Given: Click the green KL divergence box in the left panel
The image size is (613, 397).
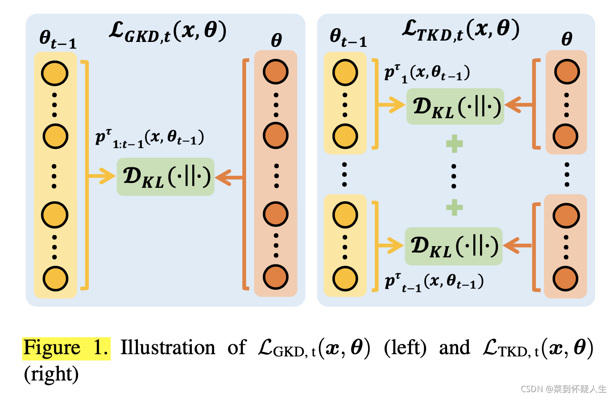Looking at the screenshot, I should (x=166, y=177).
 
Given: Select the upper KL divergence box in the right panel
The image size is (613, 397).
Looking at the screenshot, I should (x=455, y=106).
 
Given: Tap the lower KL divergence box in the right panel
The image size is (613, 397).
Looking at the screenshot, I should (x=454, y=246).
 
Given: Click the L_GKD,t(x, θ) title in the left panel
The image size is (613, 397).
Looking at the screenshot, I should (x=168, y=32).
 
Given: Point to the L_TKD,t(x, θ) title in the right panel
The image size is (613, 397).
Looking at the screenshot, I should (x=460, y=30).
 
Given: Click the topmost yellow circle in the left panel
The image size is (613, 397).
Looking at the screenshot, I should (x=55, y=73).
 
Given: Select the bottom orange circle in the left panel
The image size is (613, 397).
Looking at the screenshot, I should (x=275, y=277).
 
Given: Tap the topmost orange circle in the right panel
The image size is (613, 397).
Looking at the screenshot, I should (x=567, y=71).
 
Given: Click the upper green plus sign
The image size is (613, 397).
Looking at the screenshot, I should (x=454, y=144).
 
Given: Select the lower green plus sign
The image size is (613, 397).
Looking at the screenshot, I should (x=454, y=207).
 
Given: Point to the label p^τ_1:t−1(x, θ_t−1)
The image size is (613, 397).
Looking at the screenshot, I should (x=149, y=138).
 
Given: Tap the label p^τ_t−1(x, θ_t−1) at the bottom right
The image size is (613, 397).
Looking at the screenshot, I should (x=434, y=282).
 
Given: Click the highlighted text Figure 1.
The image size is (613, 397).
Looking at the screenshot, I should (x=66, y=348).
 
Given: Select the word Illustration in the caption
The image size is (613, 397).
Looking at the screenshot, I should (x=168, y=348).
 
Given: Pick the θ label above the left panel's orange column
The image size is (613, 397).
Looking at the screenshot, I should (x=276, y=41).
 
